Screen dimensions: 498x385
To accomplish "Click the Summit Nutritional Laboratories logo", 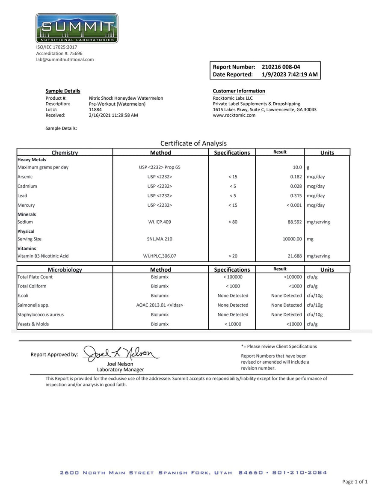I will click(x=77, y=28).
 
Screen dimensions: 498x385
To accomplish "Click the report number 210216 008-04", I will click(x=281, y=67).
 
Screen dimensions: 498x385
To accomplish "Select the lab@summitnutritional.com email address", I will click(x=65, y=59).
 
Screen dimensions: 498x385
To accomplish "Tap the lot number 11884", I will click(x=95, y=110).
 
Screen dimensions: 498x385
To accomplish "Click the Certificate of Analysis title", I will click(x=193, y=143).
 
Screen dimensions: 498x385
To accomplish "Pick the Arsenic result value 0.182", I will click(x=296, y=177).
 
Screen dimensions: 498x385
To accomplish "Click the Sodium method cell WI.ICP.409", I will click(x=160, y=222).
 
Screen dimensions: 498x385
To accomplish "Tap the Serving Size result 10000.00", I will click(x=292, y=239).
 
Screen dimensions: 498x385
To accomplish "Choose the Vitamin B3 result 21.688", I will click(x=295, y=256).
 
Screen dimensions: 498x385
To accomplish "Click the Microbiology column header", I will click(x=65, y=270).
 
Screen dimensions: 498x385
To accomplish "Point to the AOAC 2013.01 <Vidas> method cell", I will click(x=160, y=305).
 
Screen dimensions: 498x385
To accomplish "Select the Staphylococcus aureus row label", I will click(x=40, y=314).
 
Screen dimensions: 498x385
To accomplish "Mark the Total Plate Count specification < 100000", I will click(x=232, y=277).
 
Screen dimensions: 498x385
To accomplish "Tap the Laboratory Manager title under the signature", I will click(x=120, y=370).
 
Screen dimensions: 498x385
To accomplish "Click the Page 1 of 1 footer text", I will click(x=355, y=482).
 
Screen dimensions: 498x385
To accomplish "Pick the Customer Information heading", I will click(x=239, y=91).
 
